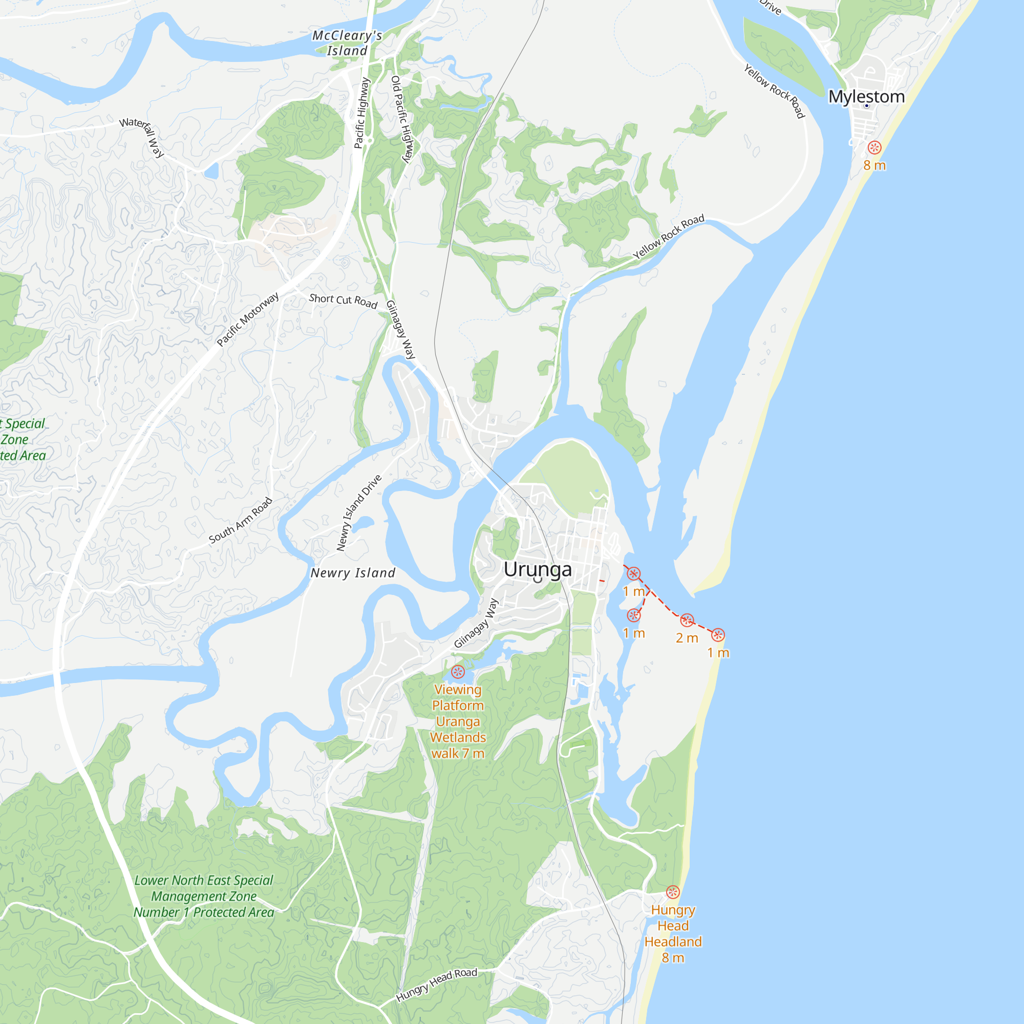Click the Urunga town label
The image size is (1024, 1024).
[x=538, y=569]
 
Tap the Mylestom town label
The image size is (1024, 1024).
[x=866, y=96]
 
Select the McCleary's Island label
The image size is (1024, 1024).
[x=347, y=43]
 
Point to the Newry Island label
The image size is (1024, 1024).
[x=353, y=573]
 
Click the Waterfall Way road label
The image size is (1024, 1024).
[x=142, y=137]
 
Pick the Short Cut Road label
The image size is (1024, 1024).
[x=343, y=301]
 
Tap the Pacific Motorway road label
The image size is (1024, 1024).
[x=247, y=319]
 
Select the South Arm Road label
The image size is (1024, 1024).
[x=241, y=521]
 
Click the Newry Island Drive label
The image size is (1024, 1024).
[x=359, y=513]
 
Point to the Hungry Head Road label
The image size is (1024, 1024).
[x=437, y=985]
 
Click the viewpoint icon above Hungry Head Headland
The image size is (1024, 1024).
[x=673, y=892]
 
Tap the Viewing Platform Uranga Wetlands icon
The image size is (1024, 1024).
[x=457, y=672]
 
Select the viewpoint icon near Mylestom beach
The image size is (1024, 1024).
[x=874, y=147]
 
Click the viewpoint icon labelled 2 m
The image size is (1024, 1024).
[x=687, y=620]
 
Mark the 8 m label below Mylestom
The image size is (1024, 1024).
[x=874, y=165]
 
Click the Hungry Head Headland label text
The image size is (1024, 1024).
[x=673, y=933]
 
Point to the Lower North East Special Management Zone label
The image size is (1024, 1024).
[x=204, y=897]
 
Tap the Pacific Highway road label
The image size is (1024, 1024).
[x=361, y=113]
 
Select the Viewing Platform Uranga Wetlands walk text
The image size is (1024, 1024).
[x=458, y=721]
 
